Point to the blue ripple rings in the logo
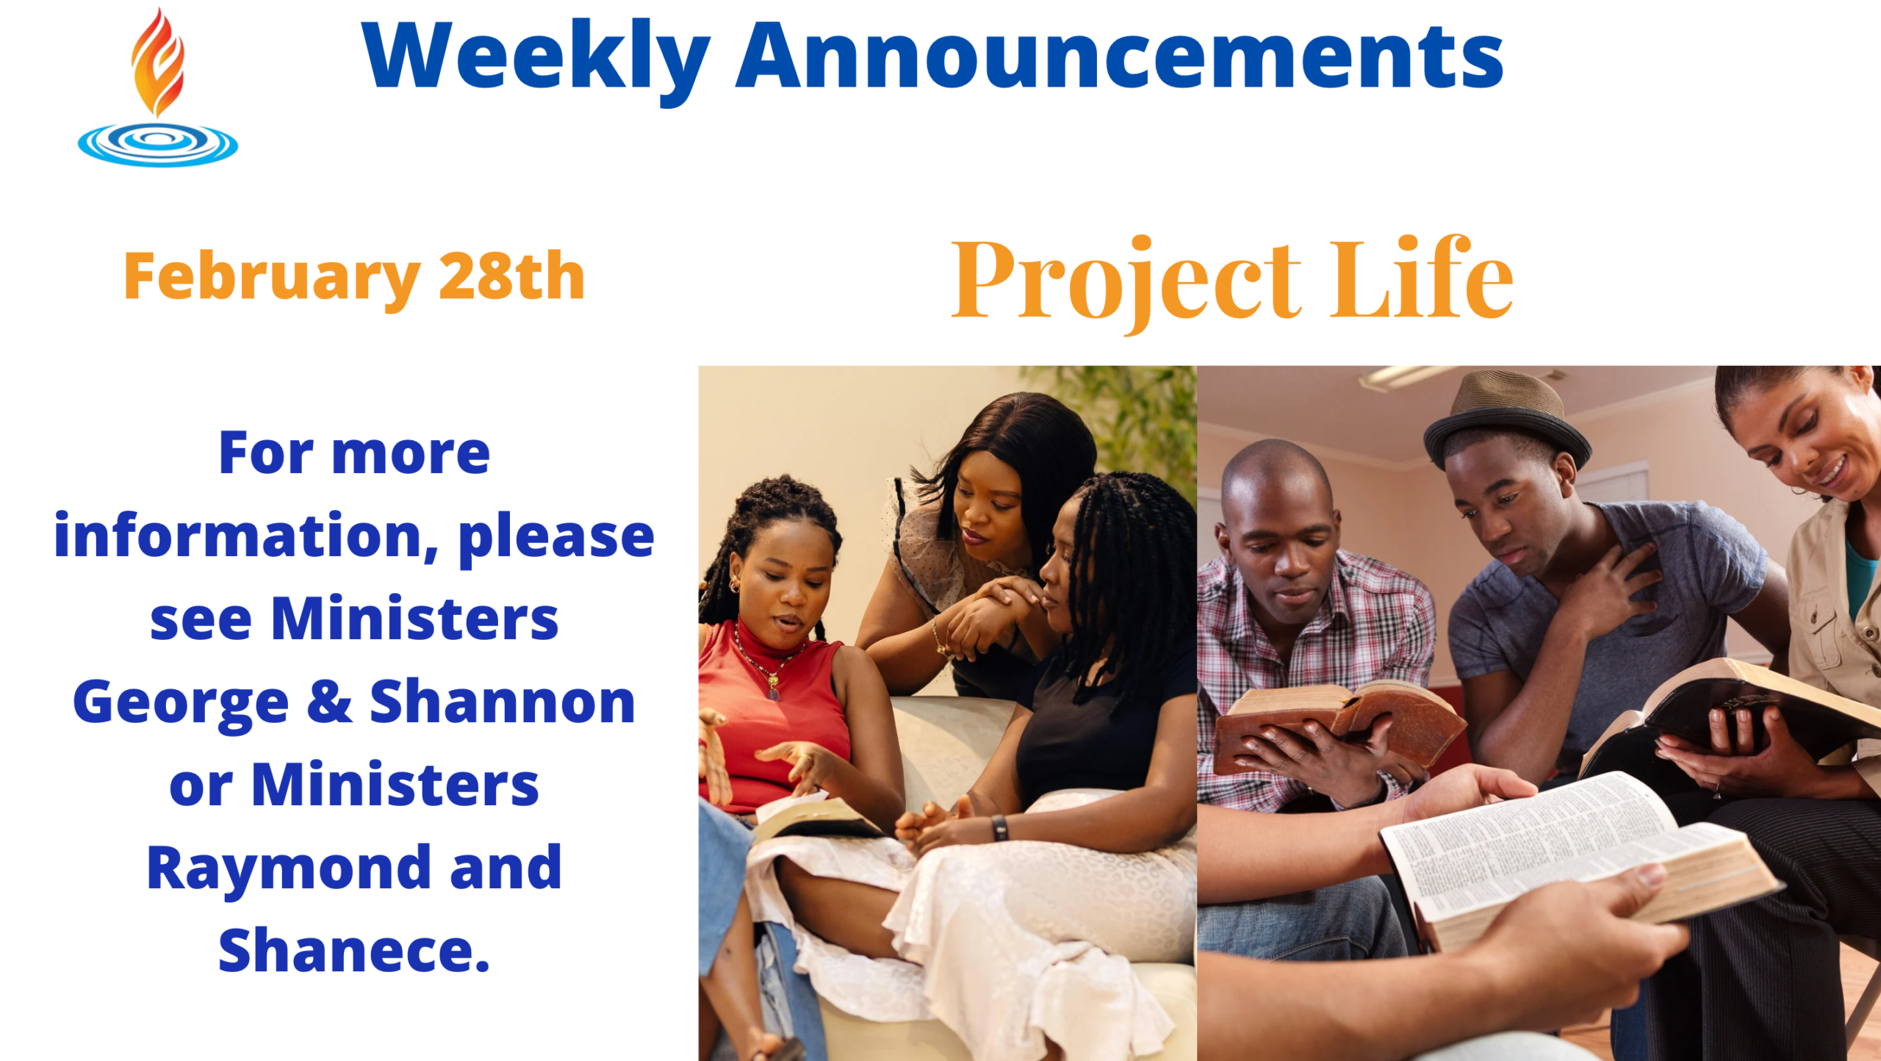tap(158, 144)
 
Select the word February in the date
tap(272, 278)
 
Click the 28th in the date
tap(512, 276)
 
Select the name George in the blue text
tap(181, 703)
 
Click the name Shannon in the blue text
tap(503, 702)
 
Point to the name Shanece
tap(354, 950)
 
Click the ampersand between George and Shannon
tap(329, 702)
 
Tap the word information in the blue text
tap(246, 536)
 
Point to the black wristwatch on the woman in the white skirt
tap(999, 828)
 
